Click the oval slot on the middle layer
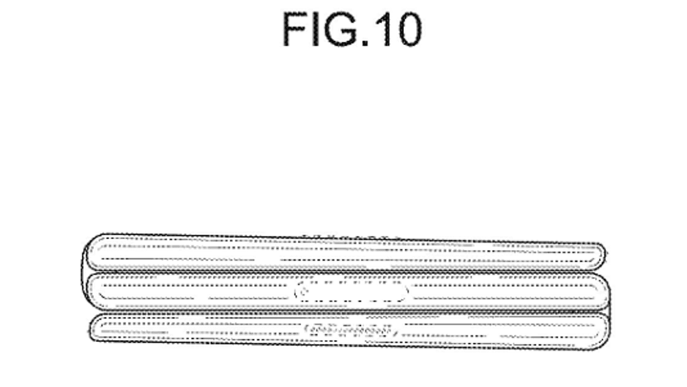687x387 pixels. click(351, 292)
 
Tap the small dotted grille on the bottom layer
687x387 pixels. click(351, 330)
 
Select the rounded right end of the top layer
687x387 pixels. click(601, 254)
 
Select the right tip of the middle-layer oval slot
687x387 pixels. click(405, 292)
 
